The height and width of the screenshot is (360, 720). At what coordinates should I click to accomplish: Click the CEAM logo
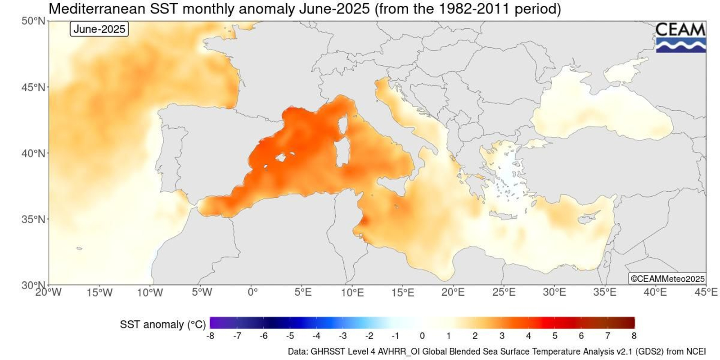point(680,37)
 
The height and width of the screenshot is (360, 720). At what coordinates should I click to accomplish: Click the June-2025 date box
point(99,29)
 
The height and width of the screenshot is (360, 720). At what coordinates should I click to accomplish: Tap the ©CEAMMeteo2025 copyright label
point(667,279)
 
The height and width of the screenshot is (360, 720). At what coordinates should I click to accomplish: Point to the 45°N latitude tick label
point(34,87)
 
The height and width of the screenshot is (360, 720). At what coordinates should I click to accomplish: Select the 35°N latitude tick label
point(34,220)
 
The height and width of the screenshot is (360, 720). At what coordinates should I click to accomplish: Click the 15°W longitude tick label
point(99,292)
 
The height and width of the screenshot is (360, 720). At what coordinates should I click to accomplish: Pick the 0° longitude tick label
point(252,292)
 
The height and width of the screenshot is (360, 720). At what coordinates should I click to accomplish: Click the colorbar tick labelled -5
point(290,336)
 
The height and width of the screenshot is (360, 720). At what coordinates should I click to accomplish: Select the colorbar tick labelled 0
point(422,336)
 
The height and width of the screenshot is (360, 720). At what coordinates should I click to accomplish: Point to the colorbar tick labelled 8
point(634,336)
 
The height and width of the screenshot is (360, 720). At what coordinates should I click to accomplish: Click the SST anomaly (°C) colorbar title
point(162,324)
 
